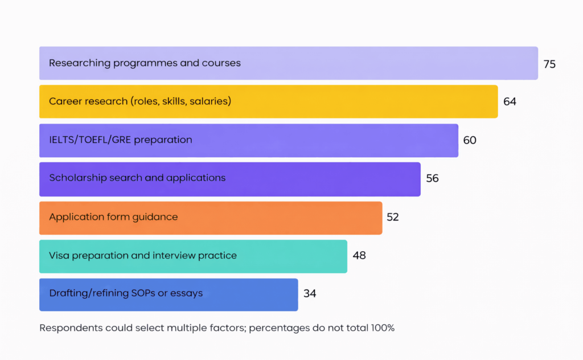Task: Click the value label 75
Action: pyautogui.click(x=549, y=64)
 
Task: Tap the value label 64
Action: pyautogui.click(x=510, y=101)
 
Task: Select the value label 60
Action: pyautogui.click(x=470, y=140)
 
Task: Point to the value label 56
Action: pyautogui.click(x=432, y=178)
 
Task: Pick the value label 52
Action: pyautogui.click(x=392, y=217)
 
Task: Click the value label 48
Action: pyautogui.click(x=359, y=255)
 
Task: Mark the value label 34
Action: pyautogui.click(x=310, y=294)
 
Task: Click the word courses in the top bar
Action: pyautogui.click(x=221, y=63)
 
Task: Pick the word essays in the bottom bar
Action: pyautogui.click(x=188, y=293)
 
